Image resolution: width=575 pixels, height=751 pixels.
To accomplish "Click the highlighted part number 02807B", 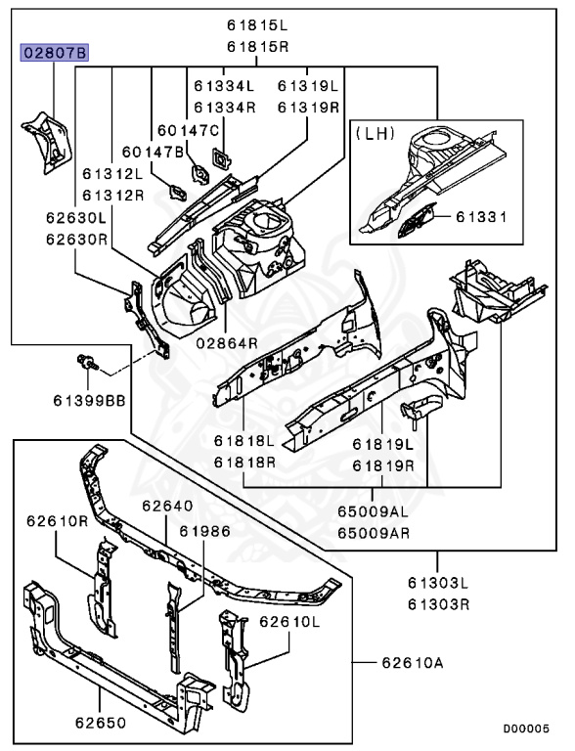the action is tap(54, 52).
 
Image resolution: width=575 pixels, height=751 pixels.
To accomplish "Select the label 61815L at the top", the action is tap(257, 25).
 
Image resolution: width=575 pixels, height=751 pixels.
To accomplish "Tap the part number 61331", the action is tap(481, 217).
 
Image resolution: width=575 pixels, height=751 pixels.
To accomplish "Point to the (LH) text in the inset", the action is tap(375, 133).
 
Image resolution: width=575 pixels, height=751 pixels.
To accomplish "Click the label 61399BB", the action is tap(89, 400).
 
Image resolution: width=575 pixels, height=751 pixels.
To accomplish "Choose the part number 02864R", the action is tap(227, 343).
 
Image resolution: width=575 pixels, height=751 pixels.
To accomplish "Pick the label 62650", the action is tap(101, 723).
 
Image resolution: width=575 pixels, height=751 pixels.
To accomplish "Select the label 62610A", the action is tap(413, 663).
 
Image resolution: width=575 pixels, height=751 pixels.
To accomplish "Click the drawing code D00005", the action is tap(526, 729).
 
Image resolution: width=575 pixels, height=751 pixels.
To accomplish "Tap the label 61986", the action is tap(205, 531).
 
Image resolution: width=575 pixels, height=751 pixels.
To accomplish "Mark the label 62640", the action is tap(168, 506).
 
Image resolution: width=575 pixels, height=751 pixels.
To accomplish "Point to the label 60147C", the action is tap(189, 130).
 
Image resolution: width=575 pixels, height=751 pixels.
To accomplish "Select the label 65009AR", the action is tap(374, 533).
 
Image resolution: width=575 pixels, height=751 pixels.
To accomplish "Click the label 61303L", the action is tap(438, 583).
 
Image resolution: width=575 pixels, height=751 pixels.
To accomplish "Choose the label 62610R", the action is tap(58, 520).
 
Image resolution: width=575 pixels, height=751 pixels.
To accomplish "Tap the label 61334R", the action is tap(225, 108).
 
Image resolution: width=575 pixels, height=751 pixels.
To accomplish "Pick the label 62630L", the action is tap(76, 218).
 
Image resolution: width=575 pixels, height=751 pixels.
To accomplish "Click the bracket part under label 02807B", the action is tap(47, 142).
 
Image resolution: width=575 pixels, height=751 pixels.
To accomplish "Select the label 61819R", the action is tap(383, 465).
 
